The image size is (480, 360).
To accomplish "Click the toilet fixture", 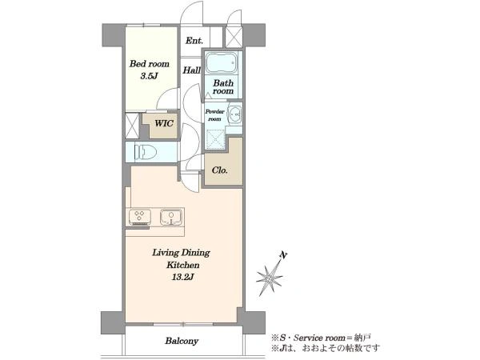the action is coord(146,152).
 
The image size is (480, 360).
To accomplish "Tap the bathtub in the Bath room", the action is coord(222,63).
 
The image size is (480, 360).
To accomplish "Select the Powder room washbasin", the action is coord(235,114).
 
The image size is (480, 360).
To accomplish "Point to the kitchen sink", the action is coord(171,218).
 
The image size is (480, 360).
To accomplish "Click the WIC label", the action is coord(164,123).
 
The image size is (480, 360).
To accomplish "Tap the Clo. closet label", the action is coord(219,170).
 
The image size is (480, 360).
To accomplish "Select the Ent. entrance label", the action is coord(194,41).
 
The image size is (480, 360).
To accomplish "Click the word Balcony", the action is coord(182,341).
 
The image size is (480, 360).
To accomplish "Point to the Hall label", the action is coord(192,70).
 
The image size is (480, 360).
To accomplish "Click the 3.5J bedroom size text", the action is coord(149,76).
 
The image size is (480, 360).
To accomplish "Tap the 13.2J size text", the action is coord(182,278).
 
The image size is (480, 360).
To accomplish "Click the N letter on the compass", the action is coord(284,255).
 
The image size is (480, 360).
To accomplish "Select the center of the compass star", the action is coord(269,278).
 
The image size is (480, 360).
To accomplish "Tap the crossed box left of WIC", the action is coord(132,126).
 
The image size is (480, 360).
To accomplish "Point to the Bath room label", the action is coord(223,87).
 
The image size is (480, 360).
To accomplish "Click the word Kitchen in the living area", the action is coord(182,265).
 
